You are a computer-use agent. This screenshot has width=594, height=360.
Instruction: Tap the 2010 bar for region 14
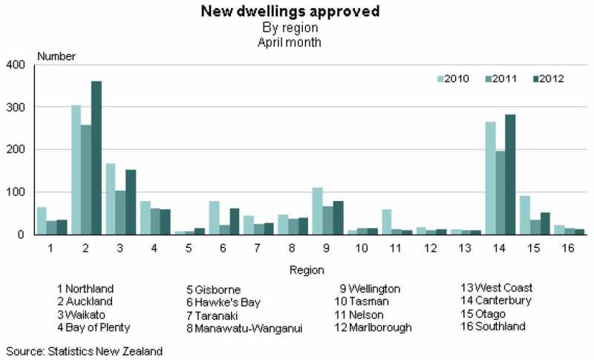coord(490,178)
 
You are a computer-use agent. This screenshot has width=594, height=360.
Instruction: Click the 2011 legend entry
coord(507,79)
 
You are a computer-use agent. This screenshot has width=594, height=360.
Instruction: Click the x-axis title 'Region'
coord(301,270)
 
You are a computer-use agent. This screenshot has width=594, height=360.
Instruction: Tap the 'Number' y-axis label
coord(56,56)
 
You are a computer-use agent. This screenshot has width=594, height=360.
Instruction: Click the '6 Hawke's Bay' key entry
coord(223,302)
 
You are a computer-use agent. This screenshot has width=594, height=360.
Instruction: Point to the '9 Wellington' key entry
coord(370,289)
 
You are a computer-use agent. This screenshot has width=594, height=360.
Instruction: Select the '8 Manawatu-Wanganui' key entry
coord(245,329)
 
